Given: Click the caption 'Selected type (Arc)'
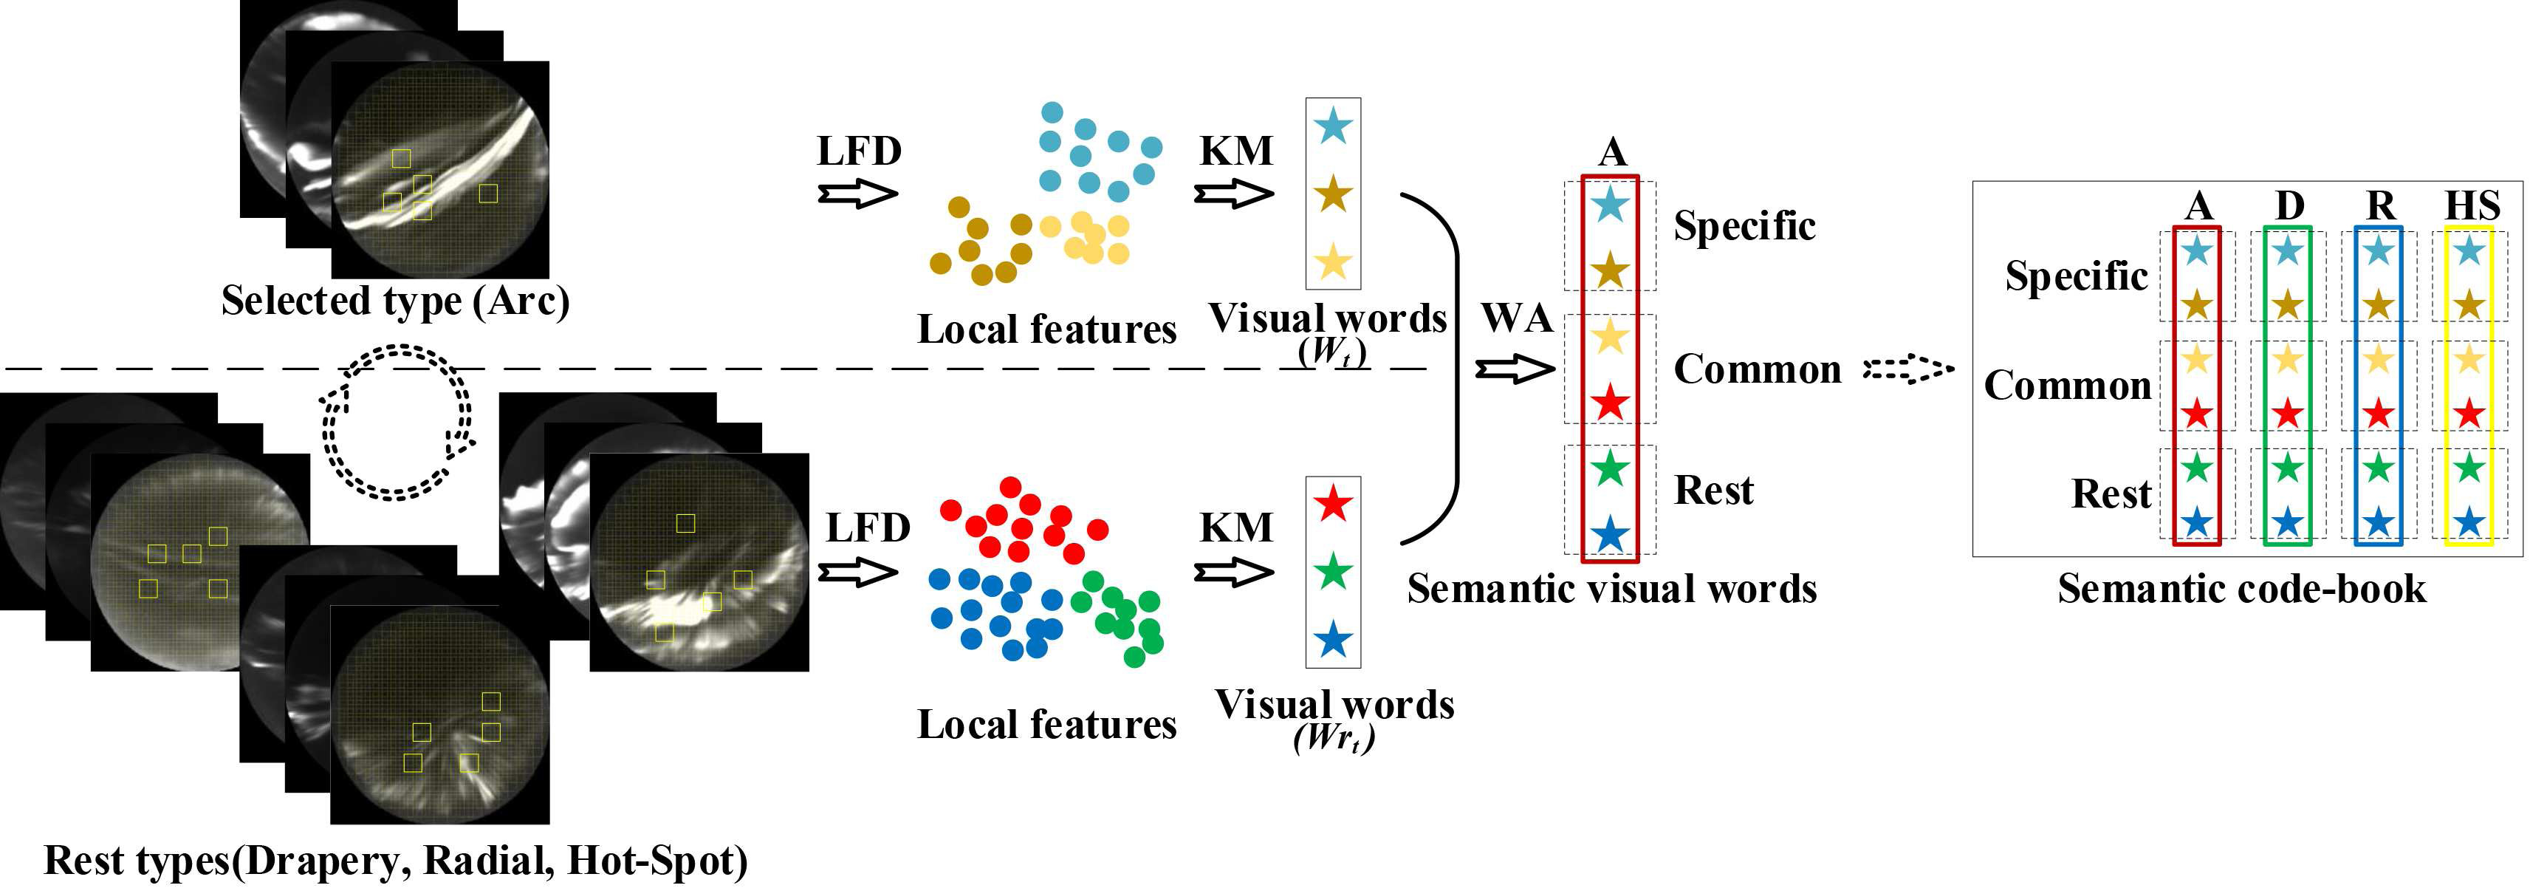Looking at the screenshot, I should pos(395,301).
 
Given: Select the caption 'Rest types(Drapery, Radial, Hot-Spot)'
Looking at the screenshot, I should pos(396,861).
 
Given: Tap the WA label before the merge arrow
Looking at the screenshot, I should pos(1516,318).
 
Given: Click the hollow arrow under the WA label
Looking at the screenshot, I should pos(1515,369).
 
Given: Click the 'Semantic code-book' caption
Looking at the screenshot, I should pos(2241,588).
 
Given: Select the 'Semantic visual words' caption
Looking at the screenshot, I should pos(1611,588).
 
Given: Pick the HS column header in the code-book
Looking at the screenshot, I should pos(2471,205).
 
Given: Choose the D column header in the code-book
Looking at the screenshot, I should pos(2289,205).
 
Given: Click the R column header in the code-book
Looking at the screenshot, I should pos(2380,205).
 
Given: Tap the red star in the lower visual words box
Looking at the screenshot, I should pos(1333,505).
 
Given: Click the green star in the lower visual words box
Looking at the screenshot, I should pos(1333,572).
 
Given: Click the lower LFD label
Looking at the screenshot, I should pos(867,528).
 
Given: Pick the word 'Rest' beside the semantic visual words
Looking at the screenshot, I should pos(1713,490).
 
